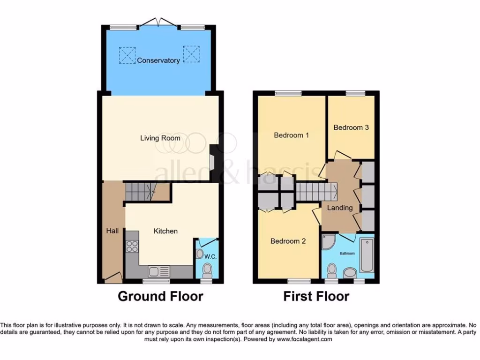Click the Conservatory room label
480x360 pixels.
pos(158,60)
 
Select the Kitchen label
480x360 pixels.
pos(166,231)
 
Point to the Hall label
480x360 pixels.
pos(112,231)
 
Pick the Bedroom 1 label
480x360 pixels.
pos(291,135)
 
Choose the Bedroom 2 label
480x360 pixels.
pos(288,241)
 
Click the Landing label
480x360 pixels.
pos(340,208)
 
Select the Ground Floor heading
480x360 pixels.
pos(160,297)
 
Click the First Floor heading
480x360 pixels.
pos(316,297)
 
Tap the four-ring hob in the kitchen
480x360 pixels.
pos(132,246)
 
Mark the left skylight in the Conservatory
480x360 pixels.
pos(127,54)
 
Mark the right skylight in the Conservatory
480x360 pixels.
pos(191,54)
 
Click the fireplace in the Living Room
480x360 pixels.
pos(212,162)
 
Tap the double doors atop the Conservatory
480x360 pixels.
pos(159,22)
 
